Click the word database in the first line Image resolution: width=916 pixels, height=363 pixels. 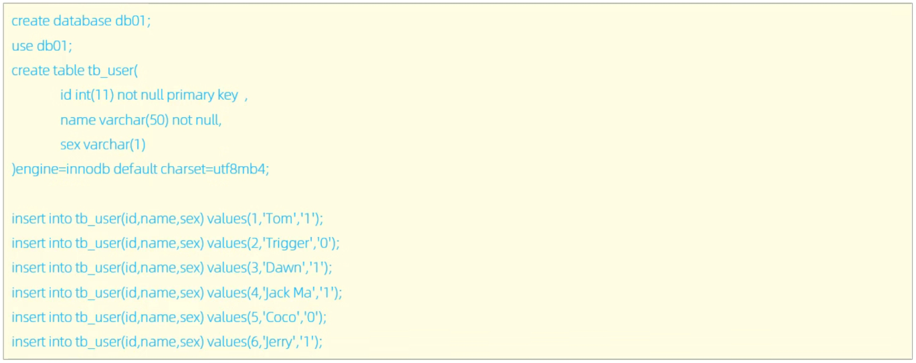pos(81,21)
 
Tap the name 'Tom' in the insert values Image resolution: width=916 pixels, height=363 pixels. pos(280,218)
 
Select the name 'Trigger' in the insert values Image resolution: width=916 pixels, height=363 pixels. pos(288,243)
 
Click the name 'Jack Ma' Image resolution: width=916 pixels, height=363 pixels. pos(290,293)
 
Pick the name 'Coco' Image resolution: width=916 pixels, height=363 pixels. pos(282,317)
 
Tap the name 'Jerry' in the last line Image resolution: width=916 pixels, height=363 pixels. pos(280,342)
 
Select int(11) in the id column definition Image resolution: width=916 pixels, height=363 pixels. pos(94,95)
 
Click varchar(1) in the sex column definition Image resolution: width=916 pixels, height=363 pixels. pos(114,145)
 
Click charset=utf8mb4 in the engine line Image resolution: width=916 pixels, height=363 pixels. pos(214,169)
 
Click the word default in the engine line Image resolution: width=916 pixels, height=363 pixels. pos(134,169)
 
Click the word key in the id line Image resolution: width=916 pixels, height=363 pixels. pos(227,95)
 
